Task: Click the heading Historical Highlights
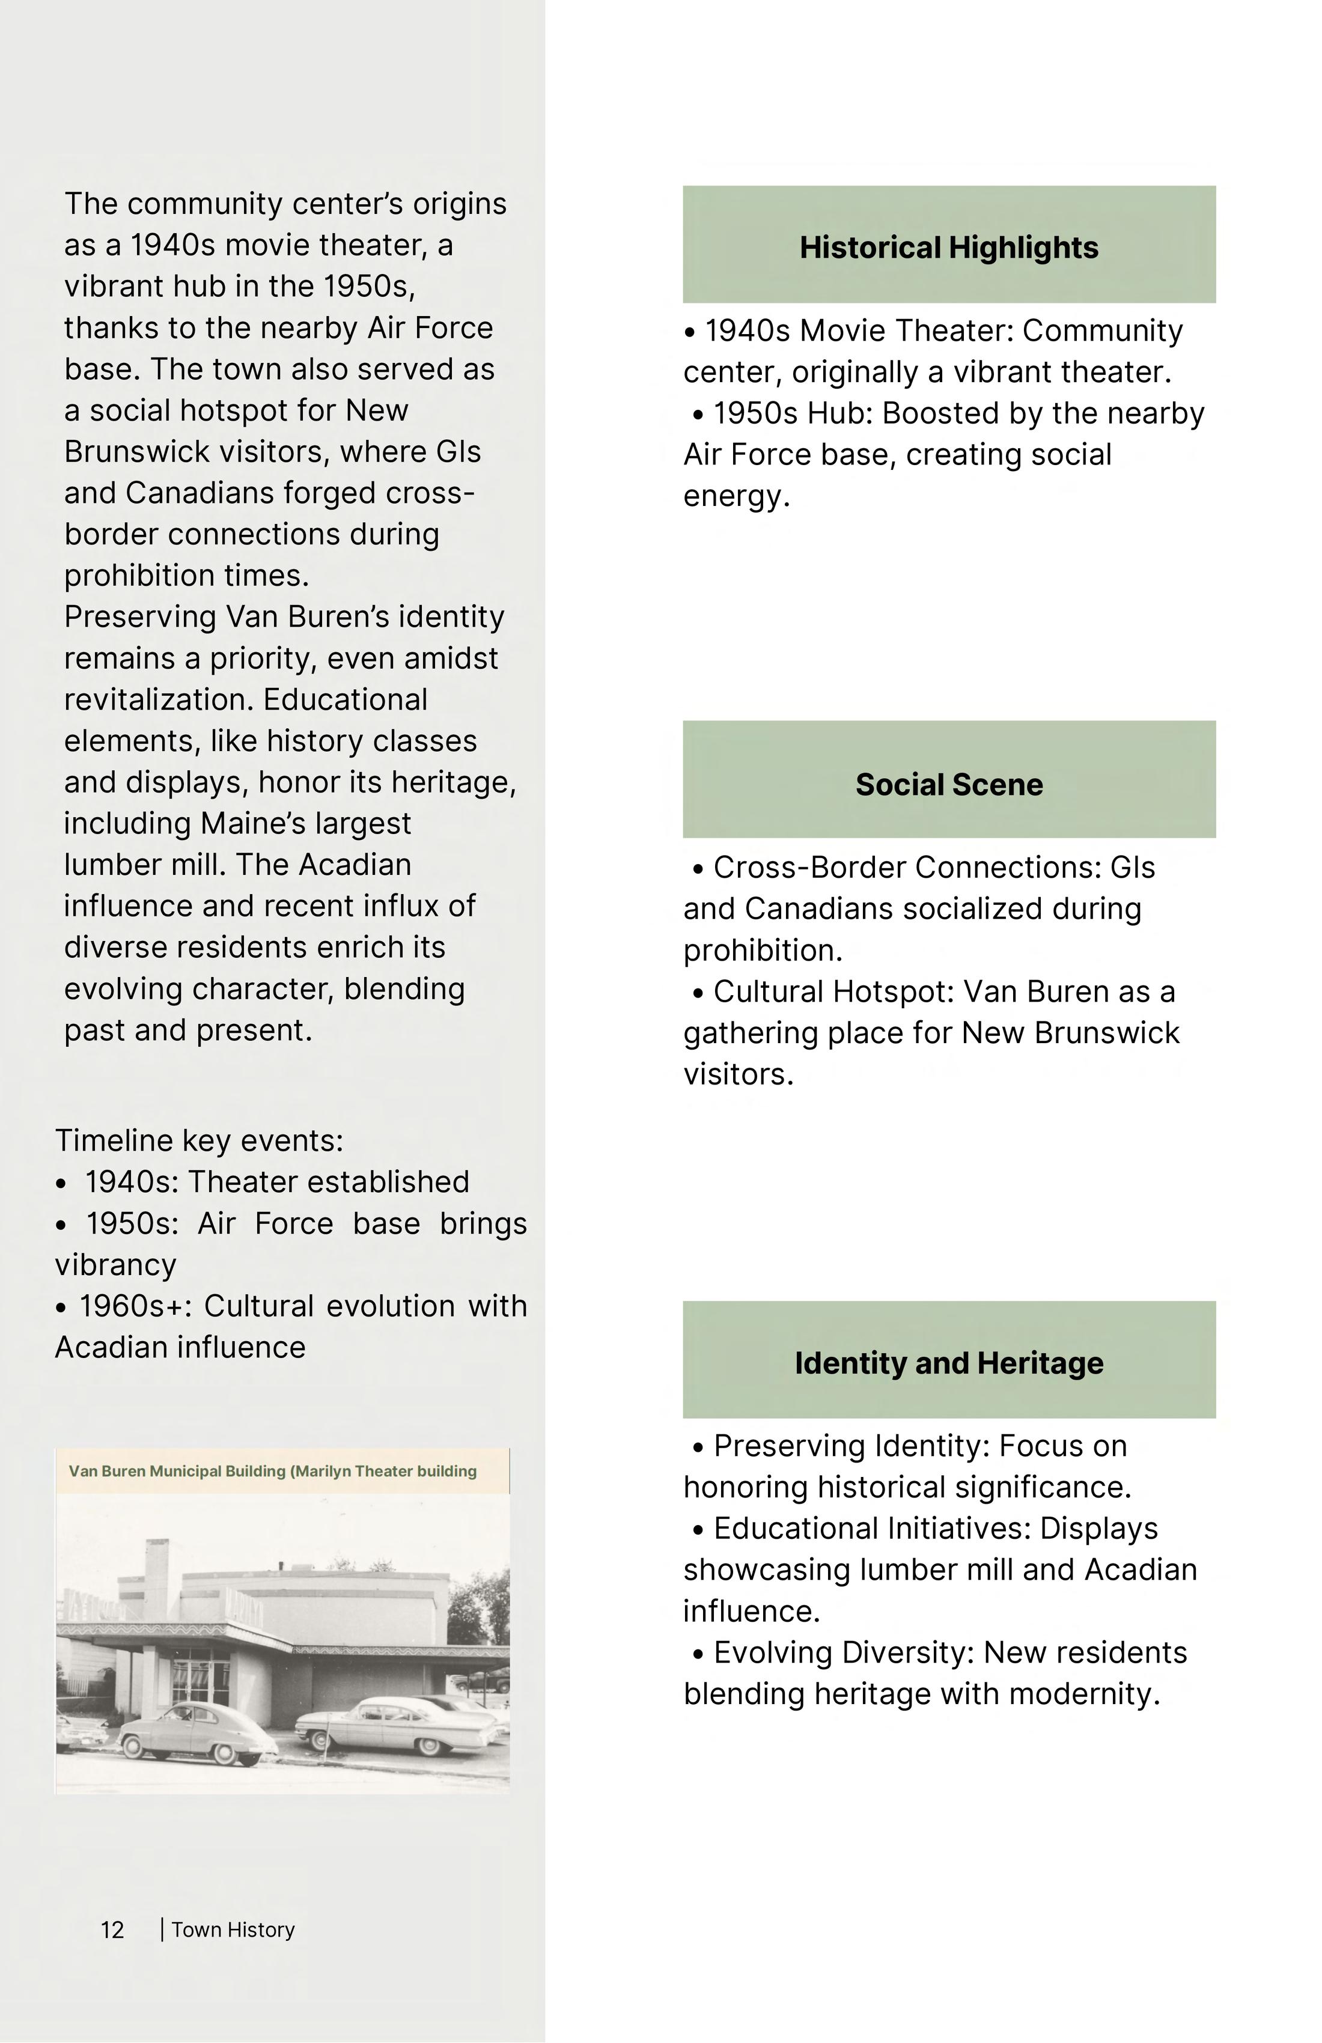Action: [949, 248]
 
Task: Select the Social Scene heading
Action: [949, 785]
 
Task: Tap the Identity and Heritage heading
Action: [949, 1363]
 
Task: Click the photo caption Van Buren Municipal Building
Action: [272, 1472]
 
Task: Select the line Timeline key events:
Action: [199, 1141]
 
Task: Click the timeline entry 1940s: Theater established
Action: [276, 1182]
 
